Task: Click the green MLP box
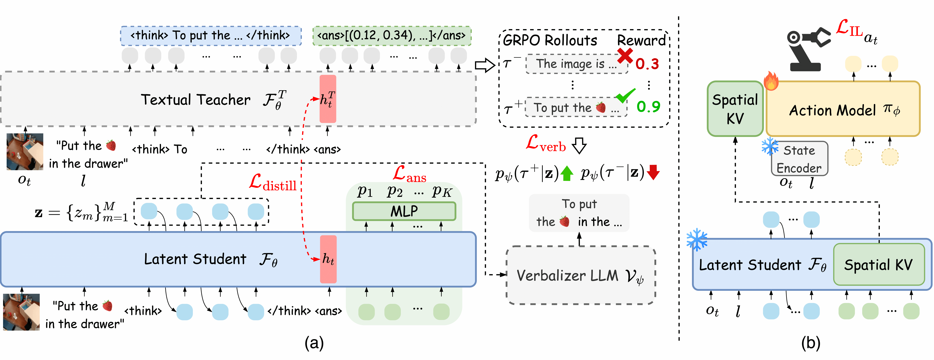(404, 211)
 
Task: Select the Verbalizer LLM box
(580, 276)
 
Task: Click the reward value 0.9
(648, 107)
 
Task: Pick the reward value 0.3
(647, 64)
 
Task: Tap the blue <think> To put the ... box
(211, 36)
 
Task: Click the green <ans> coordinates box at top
(392, 36)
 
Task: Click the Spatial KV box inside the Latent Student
(879, 265)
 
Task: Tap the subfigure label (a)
(314, 343)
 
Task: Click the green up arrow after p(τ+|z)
(567, 173)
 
